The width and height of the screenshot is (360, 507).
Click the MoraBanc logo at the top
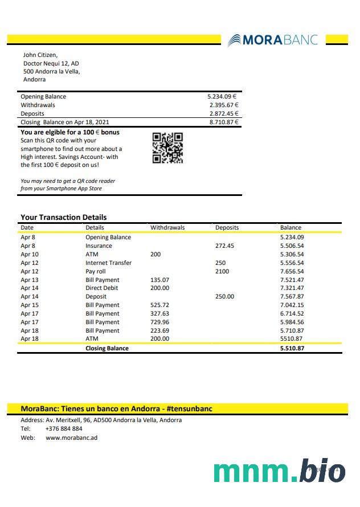coord(272,40)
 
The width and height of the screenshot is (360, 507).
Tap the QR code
coord(168,148)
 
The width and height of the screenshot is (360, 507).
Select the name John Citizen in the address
coord(40,55)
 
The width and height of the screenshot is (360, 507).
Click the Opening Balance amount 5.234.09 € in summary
coord(223,96)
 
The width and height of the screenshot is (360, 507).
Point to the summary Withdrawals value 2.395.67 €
coord(223,105)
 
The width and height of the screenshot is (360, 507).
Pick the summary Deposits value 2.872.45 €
coord(223,113)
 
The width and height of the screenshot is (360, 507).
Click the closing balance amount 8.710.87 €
coord(223,122)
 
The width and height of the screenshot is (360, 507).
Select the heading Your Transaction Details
coord(63,217)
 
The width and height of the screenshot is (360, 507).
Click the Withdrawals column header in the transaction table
coord(167,227)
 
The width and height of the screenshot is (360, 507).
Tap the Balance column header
coord(291,227)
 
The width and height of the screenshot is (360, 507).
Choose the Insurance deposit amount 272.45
coord(224,246)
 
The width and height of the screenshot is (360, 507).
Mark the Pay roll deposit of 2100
coord(222,272)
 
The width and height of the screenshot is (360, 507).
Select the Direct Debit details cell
coord(102,288)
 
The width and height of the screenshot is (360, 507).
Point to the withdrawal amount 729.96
coord(159,322)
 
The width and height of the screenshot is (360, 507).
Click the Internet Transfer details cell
coord(108,263)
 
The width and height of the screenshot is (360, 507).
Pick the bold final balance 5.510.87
coord(292,348)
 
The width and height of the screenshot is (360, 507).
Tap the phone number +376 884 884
coord(64,428)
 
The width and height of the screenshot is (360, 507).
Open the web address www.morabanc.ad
coord(72,438)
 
